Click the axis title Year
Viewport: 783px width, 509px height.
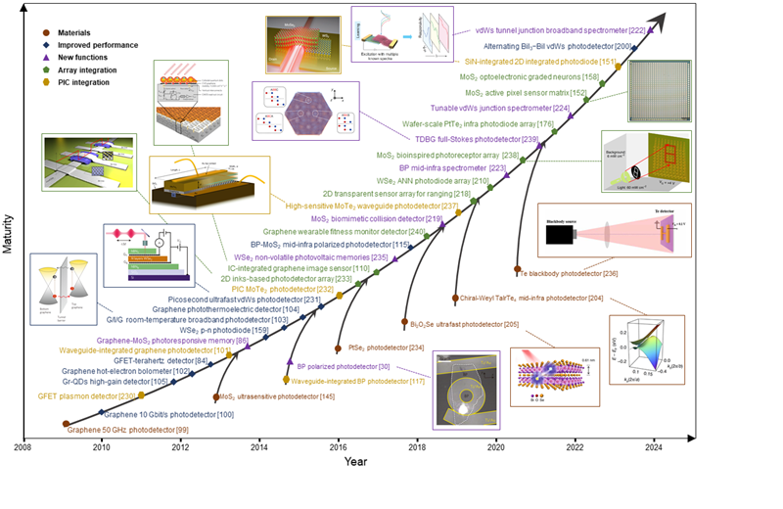pos(356,461)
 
